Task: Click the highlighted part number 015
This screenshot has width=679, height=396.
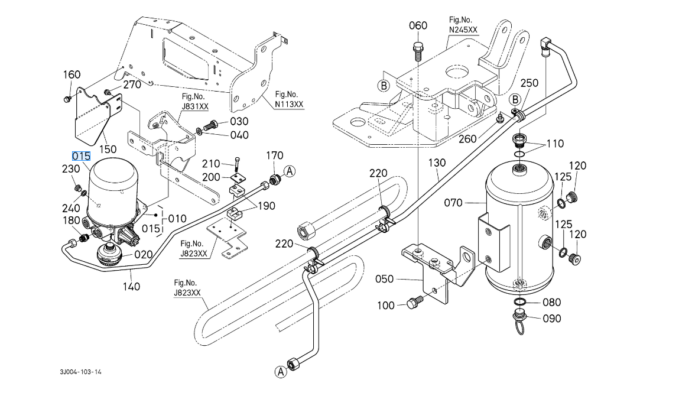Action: [81, 157]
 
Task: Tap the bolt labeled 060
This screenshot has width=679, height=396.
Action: [418, 51]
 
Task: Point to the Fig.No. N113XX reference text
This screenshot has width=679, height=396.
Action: [289, 99]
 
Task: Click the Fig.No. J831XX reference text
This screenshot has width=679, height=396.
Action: [194, 102]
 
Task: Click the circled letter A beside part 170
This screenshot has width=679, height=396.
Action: [290, 172]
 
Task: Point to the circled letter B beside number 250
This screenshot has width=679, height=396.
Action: [515, 100]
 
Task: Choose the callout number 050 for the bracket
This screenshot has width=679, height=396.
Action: [385, 280]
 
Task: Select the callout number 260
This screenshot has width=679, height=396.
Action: [467, 139]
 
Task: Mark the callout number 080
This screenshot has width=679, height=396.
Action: [551, 303]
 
